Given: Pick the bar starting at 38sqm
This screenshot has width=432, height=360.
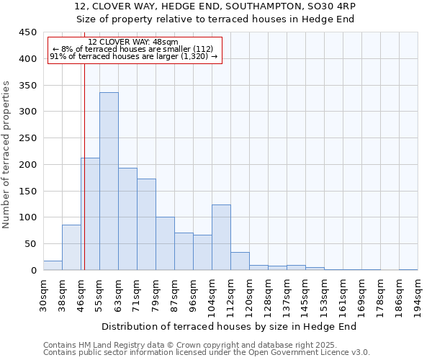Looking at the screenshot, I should (x=71, y=248).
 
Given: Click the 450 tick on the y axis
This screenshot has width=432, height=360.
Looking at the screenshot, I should (x=28, y=32).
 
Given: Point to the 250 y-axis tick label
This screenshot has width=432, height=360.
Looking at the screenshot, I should (x=28, y=138).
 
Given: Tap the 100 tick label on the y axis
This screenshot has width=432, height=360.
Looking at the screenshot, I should (x=28, y=217).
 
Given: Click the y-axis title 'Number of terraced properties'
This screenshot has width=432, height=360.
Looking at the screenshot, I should (x=6, y=155).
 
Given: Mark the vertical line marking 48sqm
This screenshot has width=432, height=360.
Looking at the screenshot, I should (x=84, y=166).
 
